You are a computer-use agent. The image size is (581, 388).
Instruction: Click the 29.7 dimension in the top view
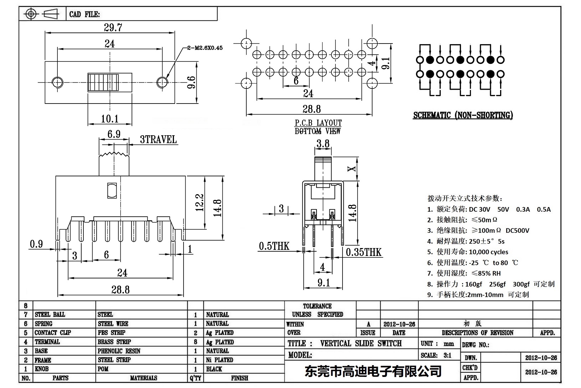(x=113, y=28)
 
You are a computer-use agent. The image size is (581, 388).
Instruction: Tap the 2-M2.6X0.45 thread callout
(x=205, y=48)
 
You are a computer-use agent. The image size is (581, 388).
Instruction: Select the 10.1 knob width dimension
(x=109, y=119)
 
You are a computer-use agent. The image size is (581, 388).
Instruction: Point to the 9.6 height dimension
(x=191, y=82)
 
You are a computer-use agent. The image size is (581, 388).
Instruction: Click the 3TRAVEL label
(x=158, y=140)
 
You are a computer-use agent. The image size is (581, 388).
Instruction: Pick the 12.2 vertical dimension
(x=200, y=203)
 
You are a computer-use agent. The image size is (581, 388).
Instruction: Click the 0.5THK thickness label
(x=274, y=246)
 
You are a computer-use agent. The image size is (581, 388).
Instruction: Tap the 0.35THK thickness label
(x=363, y=252)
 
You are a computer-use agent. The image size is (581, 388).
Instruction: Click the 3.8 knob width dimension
(x=323, y=144)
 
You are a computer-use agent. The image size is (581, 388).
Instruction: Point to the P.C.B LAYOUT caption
(x=318, y=123)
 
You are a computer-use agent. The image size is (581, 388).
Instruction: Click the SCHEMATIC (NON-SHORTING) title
(x=463, y=115)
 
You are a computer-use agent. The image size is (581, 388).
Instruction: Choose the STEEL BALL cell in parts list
(x=50, y=314)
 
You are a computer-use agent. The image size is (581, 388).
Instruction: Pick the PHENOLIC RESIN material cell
(x=119, y=351)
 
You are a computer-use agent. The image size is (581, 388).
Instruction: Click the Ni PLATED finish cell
(x=220, y=360)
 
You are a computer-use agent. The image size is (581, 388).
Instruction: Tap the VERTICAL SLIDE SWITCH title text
(x=361, y=343)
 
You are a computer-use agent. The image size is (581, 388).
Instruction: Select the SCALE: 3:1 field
(x=436, y=355)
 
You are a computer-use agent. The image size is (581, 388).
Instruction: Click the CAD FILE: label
(x=84, y=14)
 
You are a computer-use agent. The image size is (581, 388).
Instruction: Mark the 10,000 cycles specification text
(x=488, y=252)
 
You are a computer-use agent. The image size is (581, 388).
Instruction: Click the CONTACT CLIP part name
(x=53, y=333)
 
